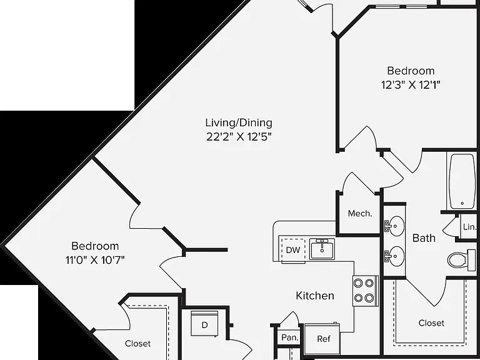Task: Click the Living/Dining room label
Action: [x=239, y=122]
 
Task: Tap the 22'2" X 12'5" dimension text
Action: [x=239, y=136]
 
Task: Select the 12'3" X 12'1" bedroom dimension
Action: [x=411, y=84]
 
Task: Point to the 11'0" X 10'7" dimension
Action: [x=95, y=260]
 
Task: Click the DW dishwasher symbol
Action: [x=293, y=250]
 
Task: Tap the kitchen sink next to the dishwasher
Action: [x=322, y=249]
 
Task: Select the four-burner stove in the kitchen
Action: [x=365, y=291]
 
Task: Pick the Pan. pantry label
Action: [x=289, y=337]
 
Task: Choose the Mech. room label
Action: [x=360, y=213]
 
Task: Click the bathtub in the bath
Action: [x=462, y=181]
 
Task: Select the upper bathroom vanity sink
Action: [x=394, y=226]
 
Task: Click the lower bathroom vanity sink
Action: [x=394, y=256]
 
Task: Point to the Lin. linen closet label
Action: [x=469, y=227]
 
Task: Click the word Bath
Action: [x=424, y=238]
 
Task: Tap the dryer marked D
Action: [x=204, y=324]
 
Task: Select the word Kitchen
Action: [x=315, y=296]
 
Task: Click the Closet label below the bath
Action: [x=431, y=323]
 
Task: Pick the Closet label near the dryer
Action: [x=137, y=344]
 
